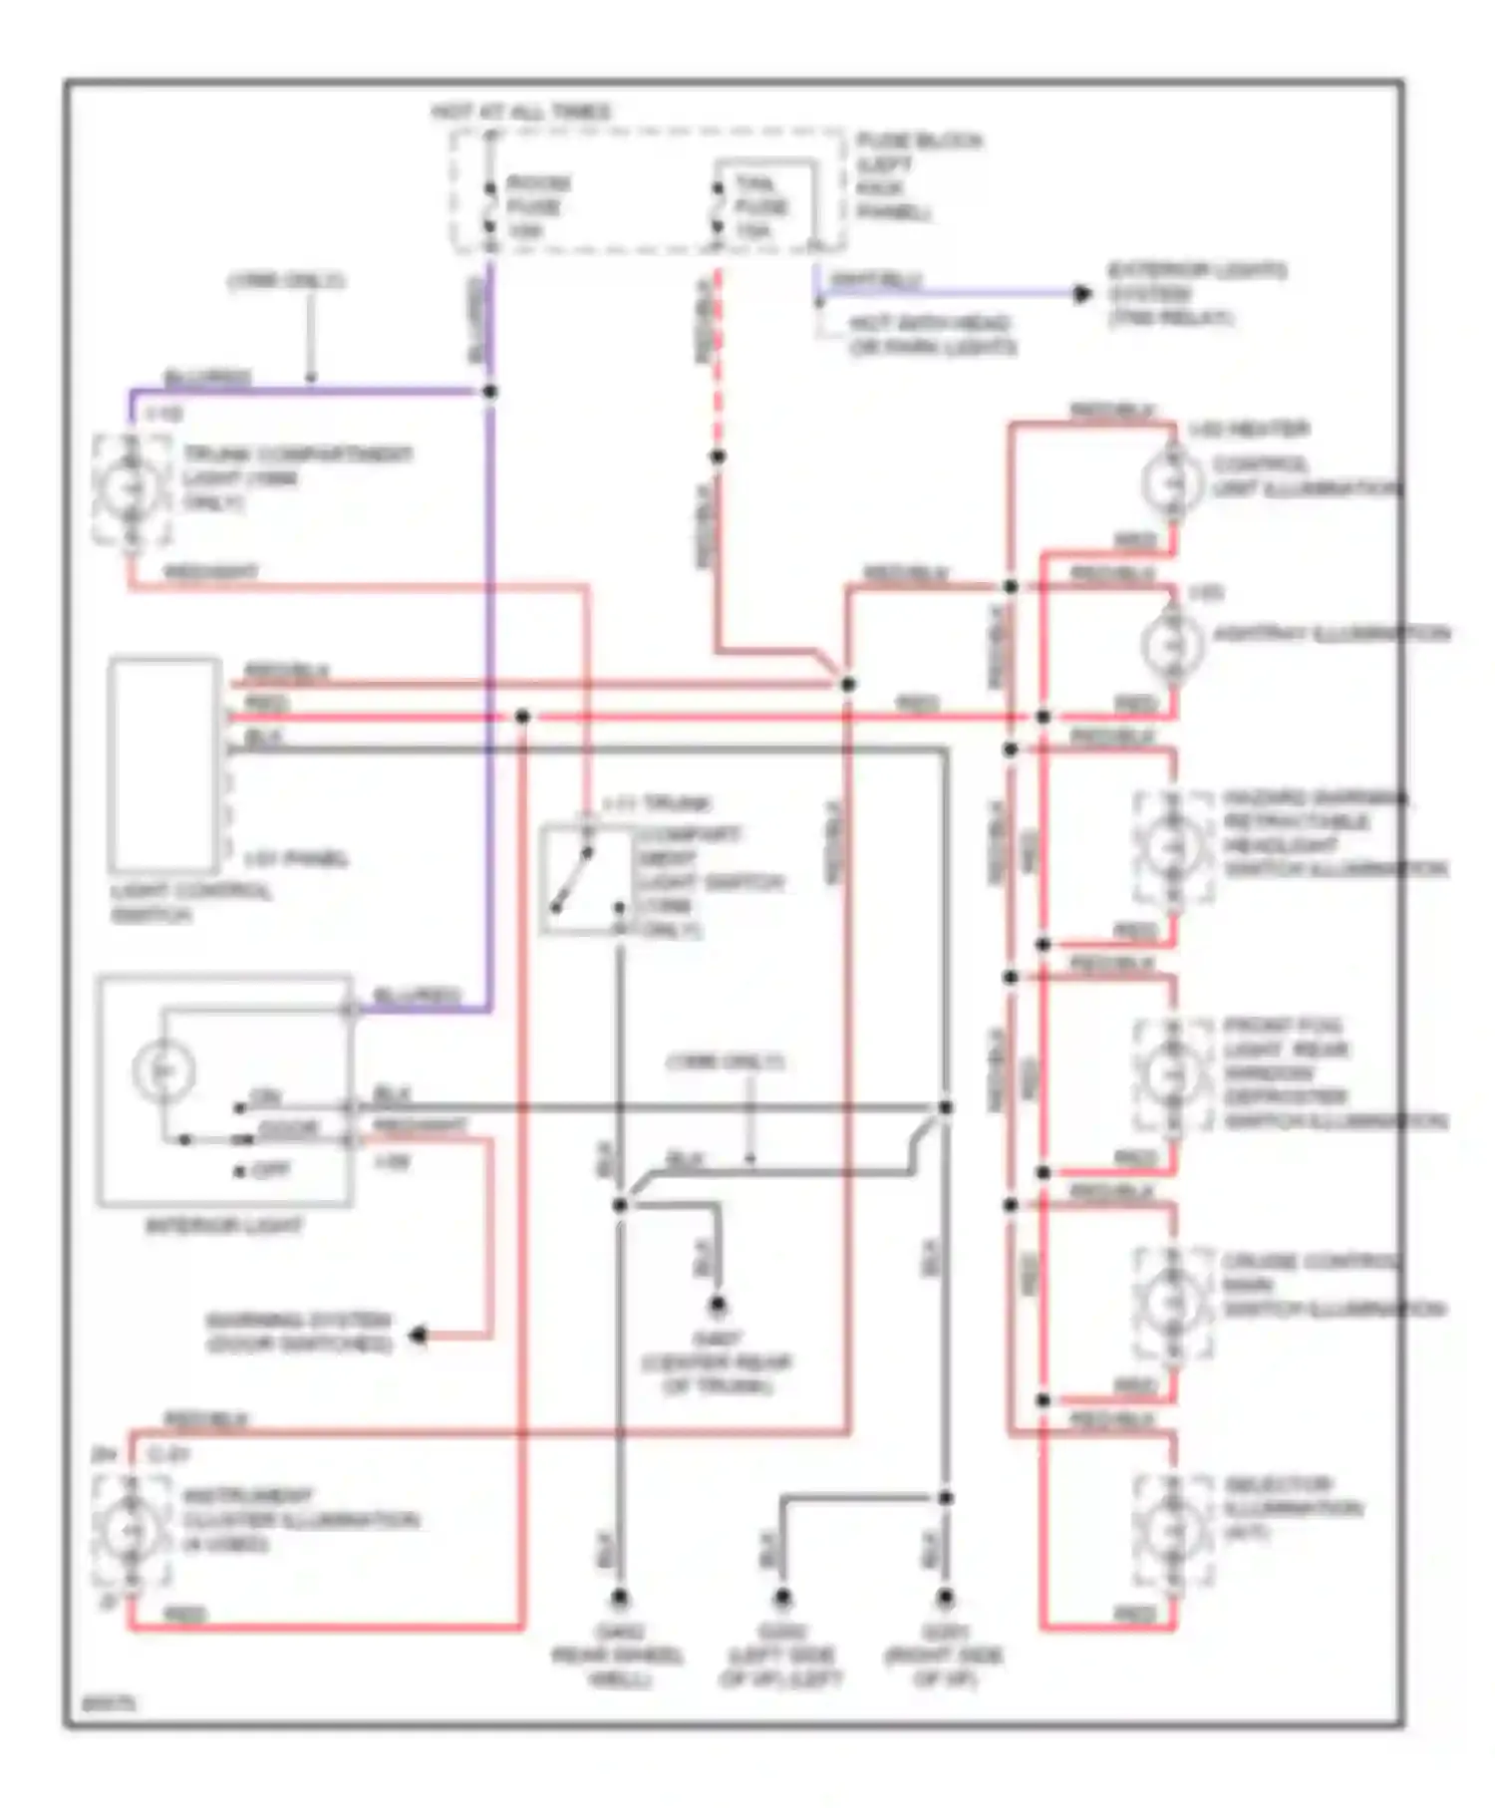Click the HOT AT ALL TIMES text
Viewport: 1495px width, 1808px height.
pyautogui.click(x=520, y=113)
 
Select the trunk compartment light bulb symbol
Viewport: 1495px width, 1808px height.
pyautogui.click(x=130, y=488)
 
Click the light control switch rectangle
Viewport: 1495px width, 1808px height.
pyautogui.click(x=164, y=764)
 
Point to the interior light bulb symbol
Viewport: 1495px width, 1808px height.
pyautogui.click(x=162, y=1070)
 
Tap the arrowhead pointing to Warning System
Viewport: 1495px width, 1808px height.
pyautogui.click(x=420, y=1335)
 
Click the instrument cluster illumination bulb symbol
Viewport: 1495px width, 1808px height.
pyautogui.click(x=130, y=1529)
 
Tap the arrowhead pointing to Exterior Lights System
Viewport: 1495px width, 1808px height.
pyautogui.click(x=1082, y=294)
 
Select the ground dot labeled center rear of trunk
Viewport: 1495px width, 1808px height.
pyautogui.click(x=717, y=1306)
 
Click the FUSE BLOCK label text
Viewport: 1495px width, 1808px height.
pyautogui.click(x=917, y=143)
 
